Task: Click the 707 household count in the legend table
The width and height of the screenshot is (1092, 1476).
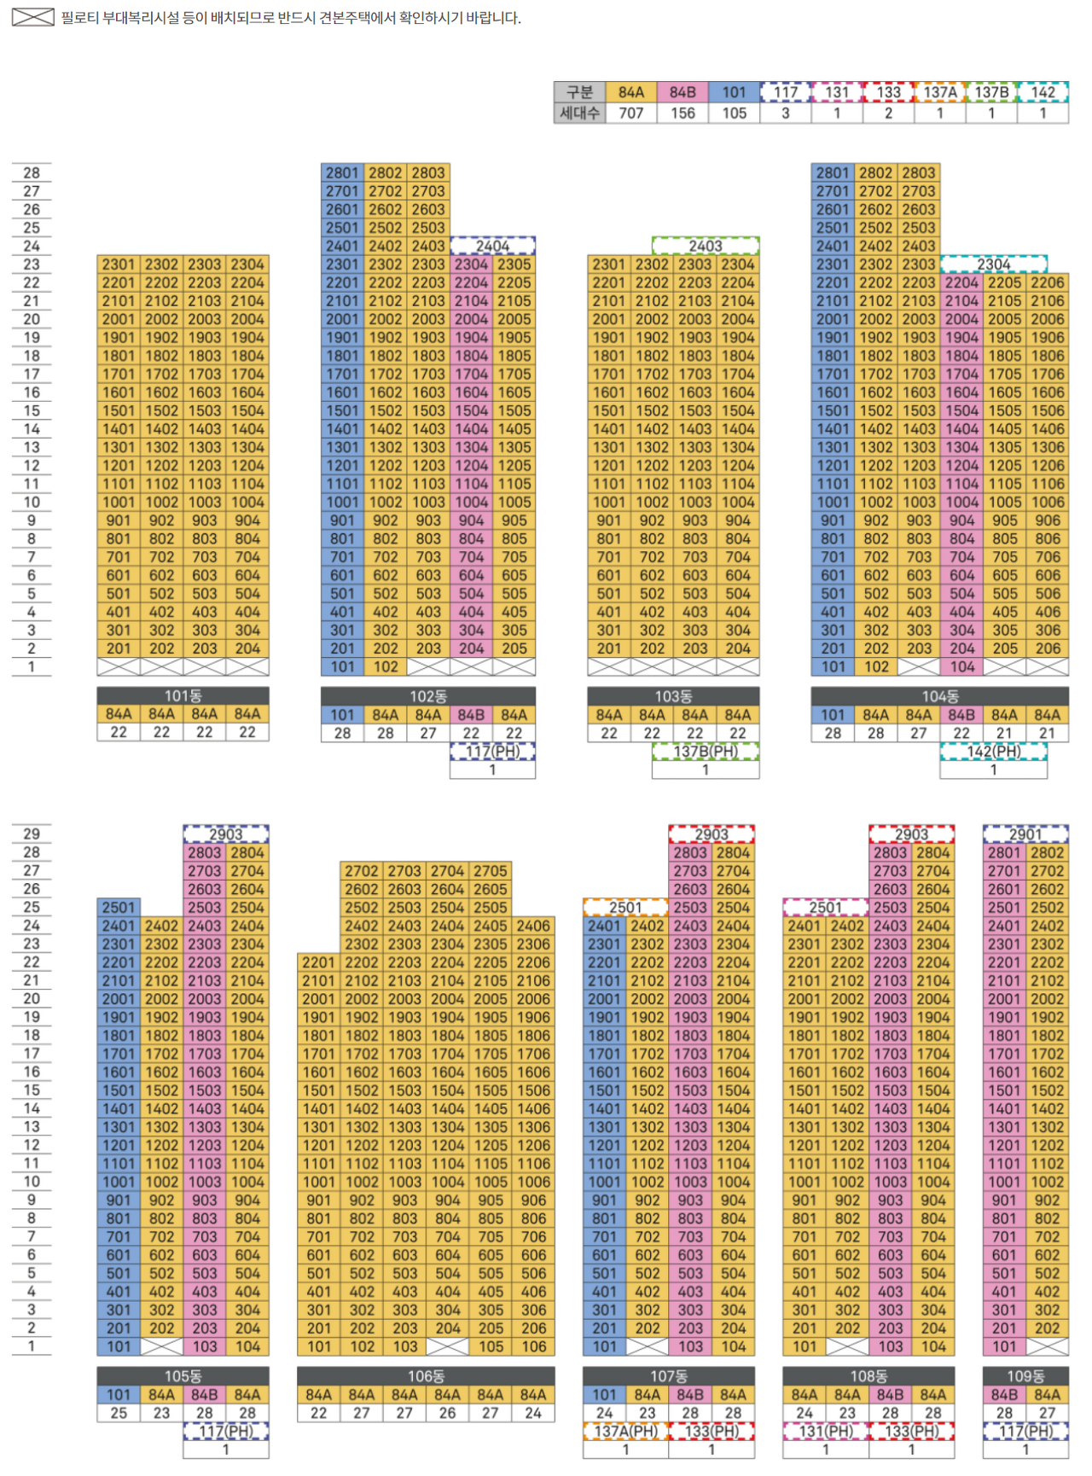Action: pos(631,113)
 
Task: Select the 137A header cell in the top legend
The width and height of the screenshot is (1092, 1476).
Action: pos(940,92)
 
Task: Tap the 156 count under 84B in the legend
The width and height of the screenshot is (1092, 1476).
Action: pos(682,113)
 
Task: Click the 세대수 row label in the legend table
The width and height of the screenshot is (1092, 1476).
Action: pos(580,113)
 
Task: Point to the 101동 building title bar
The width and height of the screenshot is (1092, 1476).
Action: pos(183,696)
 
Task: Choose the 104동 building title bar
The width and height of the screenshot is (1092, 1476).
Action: pos(940,696)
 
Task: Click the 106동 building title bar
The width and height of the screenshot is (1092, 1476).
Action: pos(426,1376)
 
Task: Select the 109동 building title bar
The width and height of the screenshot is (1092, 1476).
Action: pos(1025,1376)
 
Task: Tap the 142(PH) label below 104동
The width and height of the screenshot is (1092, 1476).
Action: pos(994,752)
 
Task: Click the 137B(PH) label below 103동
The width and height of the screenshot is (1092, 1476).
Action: pos(706,752)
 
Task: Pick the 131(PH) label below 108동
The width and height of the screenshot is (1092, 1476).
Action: pos(826,1432)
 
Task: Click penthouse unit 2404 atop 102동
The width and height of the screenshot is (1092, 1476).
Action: pos(493,246)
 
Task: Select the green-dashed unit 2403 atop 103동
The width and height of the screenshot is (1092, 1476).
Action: pos(706,246)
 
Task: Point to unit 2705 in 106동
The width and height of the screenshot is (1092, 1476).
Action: pos(491,871)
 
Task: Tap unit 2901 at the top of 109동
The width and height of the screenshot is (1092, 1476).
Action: pos(1025,834)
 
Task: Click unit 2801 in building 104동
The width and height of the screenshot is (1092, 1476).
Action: pos(833,172)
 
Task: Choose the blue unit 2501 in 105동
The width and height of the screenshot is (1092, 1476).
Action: pos(119,908)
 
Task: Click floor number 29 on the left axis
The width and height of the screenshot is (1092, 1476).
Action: pos(32,834)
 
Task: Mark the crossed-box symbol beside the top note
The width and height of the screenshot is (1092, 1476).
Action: pos(33,17)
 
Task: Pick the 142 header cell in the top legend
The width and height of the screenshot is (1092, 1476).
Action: pos(1043,92)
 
